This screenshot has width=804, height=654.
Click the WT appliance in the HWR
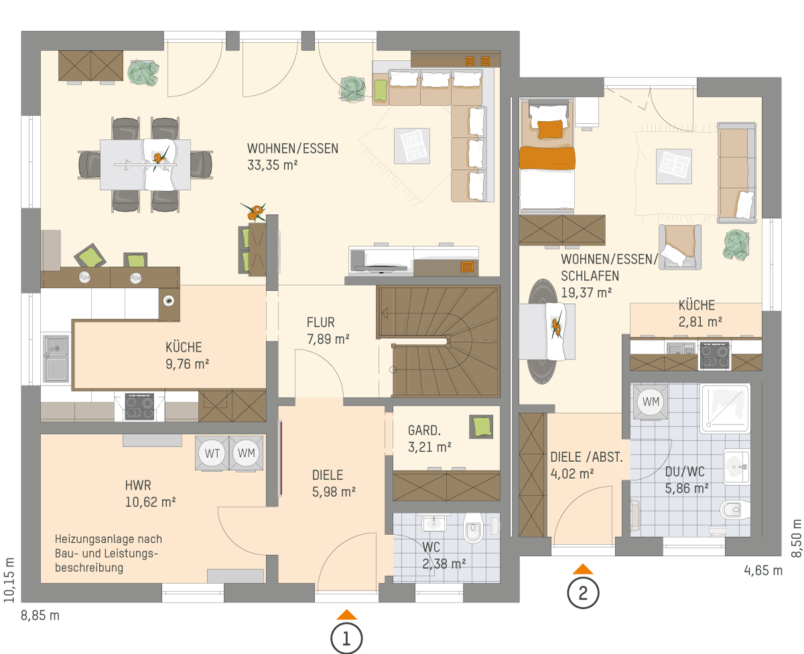tap(212, 453)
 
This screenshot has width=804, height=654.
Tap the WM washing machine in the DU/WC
tap(651, 402)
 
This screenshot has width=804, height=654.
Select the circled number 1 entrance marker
tap(346, 639)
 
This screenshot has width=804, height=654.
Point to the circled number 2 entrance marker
tap(583, 593)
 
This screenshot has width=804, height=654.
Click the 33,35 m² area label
tap(273, 165)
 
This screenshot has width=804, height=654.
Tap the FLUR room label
tap(320, 323)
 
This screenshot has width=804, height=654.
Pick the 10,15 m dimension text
tap(9, 580)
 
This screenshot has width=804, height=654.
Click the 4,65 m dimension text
tap(763, 570)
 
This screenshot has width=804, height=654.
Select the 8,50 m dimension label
tap(796, 538)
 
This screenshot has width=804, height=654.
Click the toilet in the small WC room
tap(472, 528)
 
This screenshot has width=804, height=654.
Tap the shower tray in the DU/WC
tap(725, 408)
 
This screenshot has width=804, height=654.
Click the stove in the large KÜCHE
tap(139, 406)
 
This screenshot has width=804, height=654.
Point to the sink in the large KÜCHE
tap(56, 358)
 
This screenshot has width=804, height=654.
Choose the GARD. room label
tap(424, 430)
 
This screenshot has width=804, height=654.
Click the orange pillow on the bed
tap(550, 129)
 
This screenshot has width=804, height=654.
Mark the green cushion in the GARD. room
tap(482, 427)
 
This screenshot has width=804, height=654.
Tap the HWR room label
tap(138, 485)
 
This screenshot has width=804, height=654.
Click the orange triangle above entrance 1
tap(346, 615)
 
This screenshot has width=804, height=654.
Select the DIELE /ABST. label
tap(586, 457)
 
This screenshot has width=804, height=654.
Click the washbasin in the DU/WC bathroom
tap(736, 467)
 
